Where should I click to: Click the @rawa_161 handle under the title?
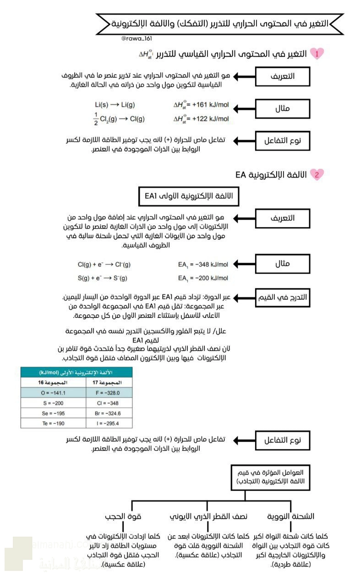[x=137, y=38]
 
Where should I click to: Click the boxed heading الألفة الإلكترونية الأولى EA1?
[x=189, y=196]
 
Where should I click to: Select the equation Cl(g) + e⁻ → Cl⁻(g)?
[x=104, y=264]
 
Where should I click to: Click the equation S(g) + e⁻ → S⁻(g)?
[x=103, y=278]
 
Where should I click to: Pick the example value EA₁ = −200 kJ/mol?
[x=203, y=278]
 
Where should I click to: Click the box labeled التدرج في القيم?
[x=282, y=297]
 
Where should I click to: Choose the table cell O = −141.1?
[x=53, y=393]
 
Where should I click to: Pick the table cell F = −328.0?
[x=109, y=393]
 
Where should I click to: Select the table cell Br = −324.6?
[x=109, y=413]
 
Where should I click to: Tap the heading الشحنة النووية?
[x=291, y=516]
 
